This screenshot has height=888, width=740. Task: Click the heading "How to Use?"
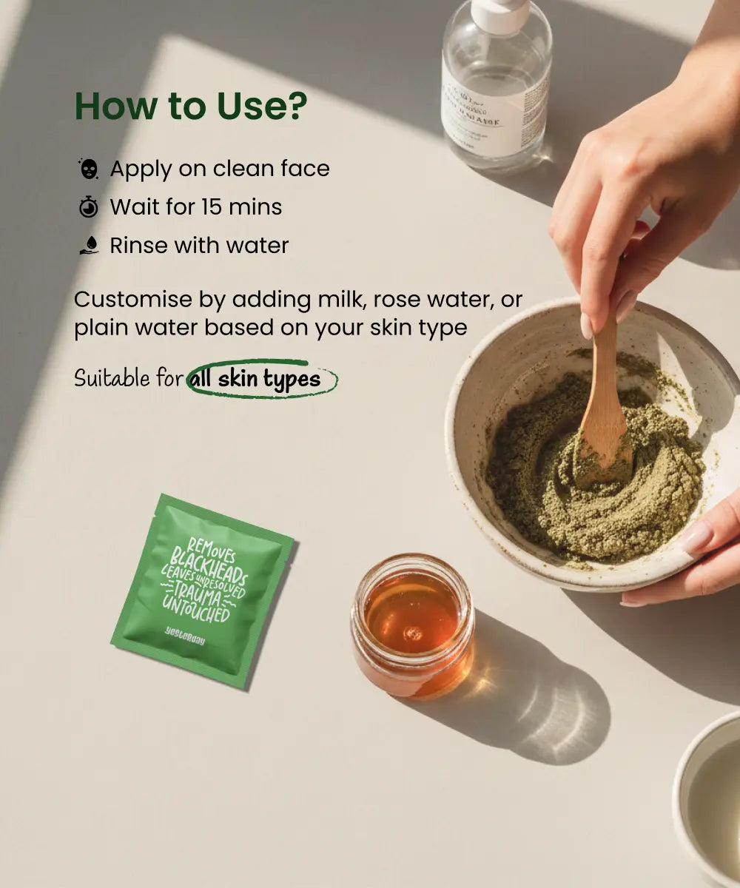click(190, 107)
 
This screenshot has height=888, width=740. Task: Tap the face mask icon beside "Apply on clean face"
click(89, 169)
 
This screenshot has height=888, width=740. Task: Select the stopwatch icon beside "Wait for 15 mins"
click(89, 207)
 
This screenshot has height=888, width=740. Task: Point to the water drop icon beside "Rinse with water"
click(89, 246)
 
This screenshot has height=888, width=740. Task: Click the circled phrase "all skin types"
click(255, 380)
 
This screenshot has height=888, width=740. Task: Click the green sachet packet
click(201, 588)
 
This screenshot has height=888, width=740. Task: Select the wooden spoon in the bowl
click(604, 414)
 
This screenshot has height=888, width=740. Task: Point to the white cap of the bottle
click(500, 13)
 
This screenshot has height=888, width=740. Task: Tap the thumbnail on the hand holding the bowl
click(696, 539)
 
